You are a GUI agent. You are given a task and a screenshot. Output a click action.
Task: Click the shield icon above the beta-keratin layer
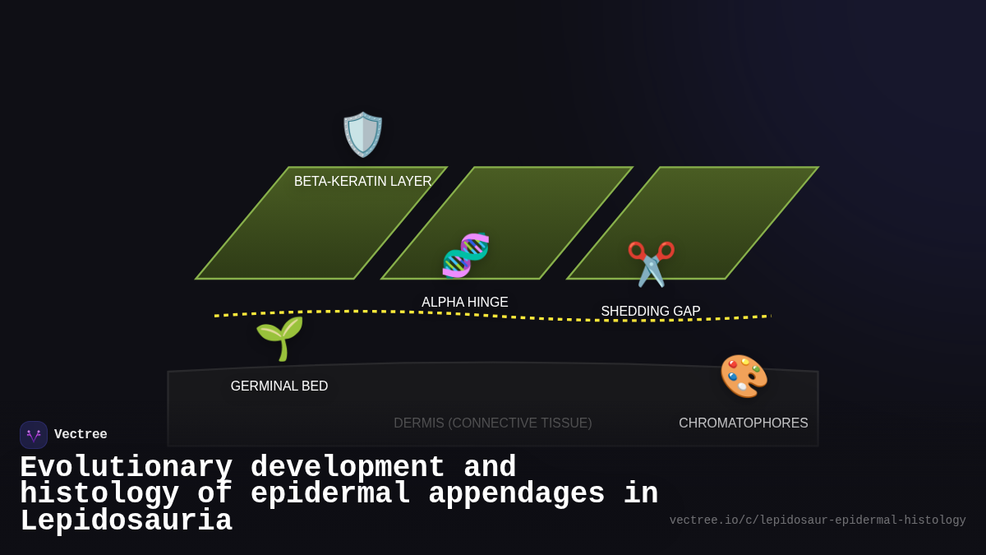point(362,134)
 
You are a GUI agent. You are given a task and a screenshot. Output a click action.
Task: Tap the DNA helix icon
point(465,255)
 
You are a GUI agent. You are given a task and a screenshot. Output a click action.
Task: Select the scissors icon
point(651,263)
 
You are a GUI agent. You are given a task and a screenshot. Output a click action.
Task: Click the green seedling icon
point(279,338)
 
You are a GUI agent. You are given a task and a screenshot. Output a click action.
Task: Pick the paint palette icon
point(744,376)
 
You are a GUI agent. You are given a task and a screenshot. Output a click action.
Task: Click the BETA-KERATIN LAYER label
point(362,182)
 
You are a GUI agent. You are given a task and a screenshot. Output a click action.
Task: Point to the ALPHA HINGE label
point(465,303)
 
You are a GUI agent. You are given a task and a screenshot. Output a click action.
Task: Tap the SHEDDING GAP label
point(651,312)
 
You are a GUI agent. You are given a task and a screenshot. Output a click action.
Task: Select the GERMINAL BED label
point(279,386)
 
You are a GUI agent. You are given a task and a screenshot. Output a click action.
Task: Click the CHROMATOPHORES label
point(744,423)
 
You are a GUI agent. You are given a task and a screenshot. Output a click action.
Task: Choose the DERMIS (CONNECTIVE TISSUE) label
point(492,423)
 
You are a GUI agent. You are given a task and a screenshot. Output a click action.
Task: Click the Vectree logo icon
point(34,435)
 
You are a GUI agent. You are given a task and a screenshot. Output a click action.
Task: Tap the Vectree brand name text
point(81,435)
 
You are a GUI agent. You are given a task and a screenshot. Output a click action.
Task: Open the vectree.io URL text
point(818,520)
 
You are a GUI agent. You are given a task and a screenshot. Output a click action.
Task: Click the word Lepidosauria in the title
point(126,521)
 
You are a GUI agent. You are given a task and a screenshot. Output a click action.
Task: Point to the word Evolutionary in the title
point(126,467)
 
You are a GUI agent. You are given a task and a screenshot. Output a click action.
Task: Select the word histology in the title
point(99,494)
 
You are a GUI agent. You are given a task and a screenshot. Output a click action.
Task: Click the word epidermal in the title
point(329,494)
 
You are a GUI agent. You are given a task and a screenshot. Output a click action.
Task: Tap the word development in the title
point(348,467)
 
